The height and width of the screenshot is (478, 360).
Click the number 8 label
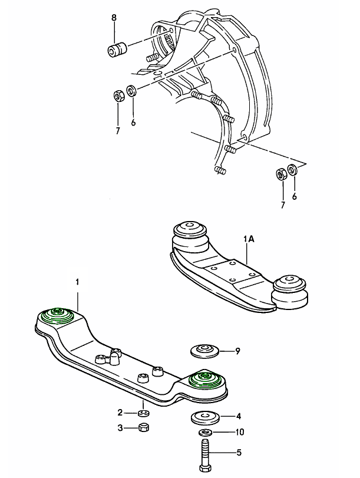tap(114, 19)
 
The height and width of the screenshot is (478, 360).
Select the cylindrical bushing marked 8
tap(116, 49)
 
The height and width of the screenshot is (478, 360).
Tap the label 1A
tap(248, 240)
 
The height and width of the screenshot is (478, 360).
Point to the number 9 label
tap(237, 351)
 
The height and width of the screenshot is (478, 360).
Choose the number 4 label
tap(239, 416)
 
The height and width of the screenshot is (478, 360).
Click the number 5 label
tap(239, 453)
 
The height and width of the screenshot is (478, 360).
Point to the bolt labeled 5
tap(206, 453)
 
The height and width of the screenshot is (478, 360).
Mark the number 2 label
tap(120, 412)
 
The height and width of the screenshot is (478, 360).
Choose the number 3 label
tap(120, 428)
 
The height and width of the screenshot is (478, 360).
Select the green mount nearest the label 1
tap(58, 314)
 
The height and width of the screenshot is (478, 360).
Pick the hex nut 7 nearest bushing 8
tap(117, 95)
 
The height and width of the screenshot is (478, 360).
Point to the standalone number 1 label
tap(77, 282)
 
